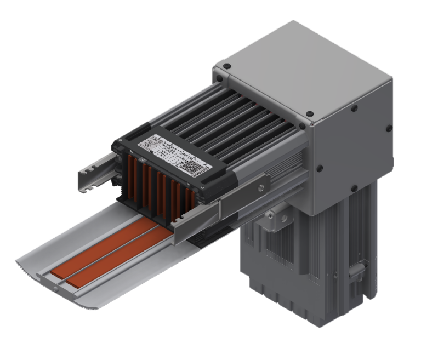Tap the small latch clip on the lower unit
359,268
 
